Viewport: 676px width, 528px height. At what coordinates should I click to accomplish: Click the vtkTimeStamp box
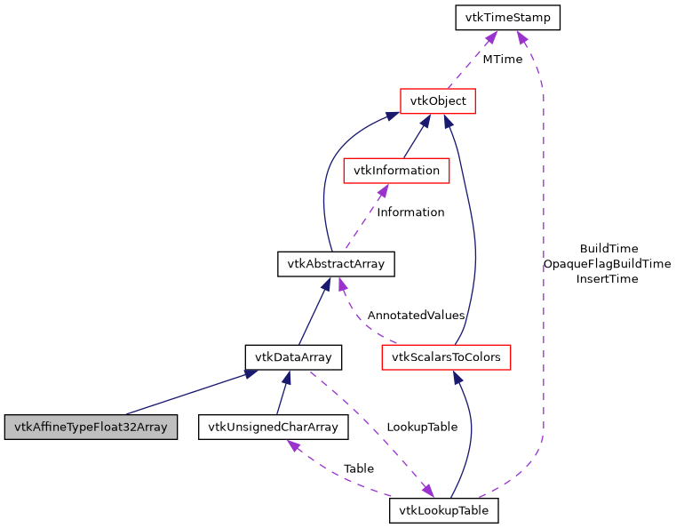tap(507, 17)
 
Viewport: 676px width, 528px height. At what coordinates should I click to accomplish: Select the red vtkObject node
tap(439, 101)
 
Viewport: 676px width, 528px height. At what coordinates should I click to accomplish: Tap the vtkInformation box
tap(395, 170)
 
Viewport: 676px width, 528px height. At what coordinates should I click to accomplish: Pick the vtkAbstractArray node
tap(335, 263)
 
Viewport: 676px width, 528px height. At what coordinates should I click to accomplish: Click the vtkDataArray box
tap(293, 357)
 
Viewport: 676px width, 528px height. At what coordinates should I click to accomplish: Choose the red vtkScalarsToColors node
tap(445, 357)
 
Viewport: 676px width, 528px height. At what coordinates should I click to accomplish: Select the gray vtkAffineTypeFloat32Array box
tap(90, 427)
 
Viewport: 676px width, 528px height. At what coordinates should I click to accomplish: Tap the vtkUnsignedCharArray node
tap(274, 427)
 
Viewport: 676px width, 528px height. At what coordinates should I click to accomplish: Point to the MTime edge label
tap(502, 60)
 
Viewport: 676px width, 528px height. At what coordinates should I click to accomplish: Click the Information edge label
tap(410, 212)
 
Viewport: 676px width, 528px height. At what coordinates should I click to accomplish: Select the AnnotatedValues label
tap(416, 315)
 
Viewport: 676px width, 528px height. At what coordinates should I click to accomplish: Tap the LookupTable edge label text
tap(422, 427)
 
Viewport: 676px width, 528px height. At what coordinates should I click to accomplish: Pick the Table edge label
tap(358, 468)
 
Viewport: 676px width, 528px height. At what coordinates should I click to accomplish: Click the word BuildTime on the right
tap(608, 248)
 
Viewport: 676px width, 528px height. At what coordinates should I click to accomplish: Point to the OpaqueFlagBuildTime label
tap(608, 263)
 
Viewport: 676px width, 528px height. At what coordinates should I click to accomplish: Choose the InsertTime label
tap(608, 278)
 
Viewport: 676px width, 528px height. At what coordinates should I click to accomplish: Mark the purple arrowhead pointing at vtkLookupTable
tap(428, 491)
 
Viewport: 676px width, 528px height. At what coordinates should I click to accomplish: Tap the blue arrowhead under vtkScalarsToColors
tap(457, 377)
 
